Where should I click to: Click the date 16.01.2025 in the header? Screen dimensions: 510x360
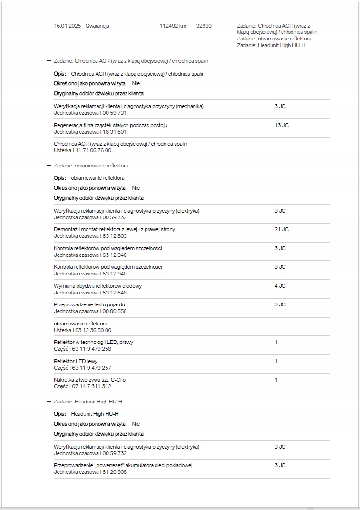pos(68,26)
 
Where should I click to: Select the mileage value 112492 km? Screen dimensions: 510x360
pos(173,26)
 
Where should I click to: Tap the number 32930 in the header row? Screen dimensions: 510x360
pos(204,26)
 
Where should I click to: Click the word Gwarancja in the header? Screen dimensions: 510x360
pos(97,26)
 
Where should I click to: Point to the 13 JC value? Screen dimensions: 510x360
pos(281,125)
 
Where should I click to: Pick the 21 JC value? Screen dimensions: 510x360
pos(281,229)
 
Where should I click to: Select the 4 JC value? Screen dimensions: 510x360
pos(280,286)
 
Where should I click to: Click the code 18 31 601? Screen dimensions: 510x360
pos(115,132)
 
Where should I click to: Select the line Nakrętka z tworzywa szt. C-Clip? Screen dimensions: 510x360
pos(90,380)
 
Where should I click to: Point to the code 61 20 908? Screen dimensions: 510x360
pos(115,472)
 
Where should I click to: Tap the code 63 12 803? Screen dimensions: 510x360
pos(115,236)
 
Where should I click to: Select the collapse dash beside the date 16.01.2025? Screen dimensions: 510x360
pos(38,25)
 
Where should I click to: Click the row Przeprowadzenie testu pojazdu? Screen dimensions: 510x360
pos(90,304)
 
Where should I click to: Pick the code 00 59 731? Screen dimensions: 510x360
pos(115,113)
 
